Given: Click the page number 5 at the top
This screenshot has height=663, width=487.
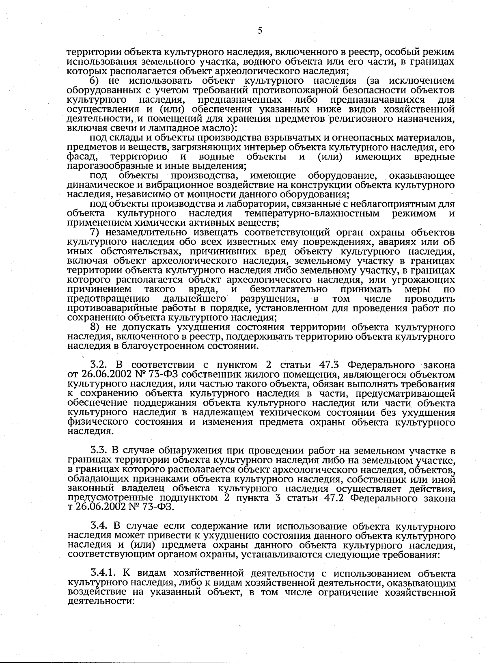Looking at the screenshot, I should [x=260, y=31].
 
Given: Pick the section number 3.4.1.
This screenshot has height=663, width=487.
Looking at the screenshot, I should [x=104, y=573].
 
